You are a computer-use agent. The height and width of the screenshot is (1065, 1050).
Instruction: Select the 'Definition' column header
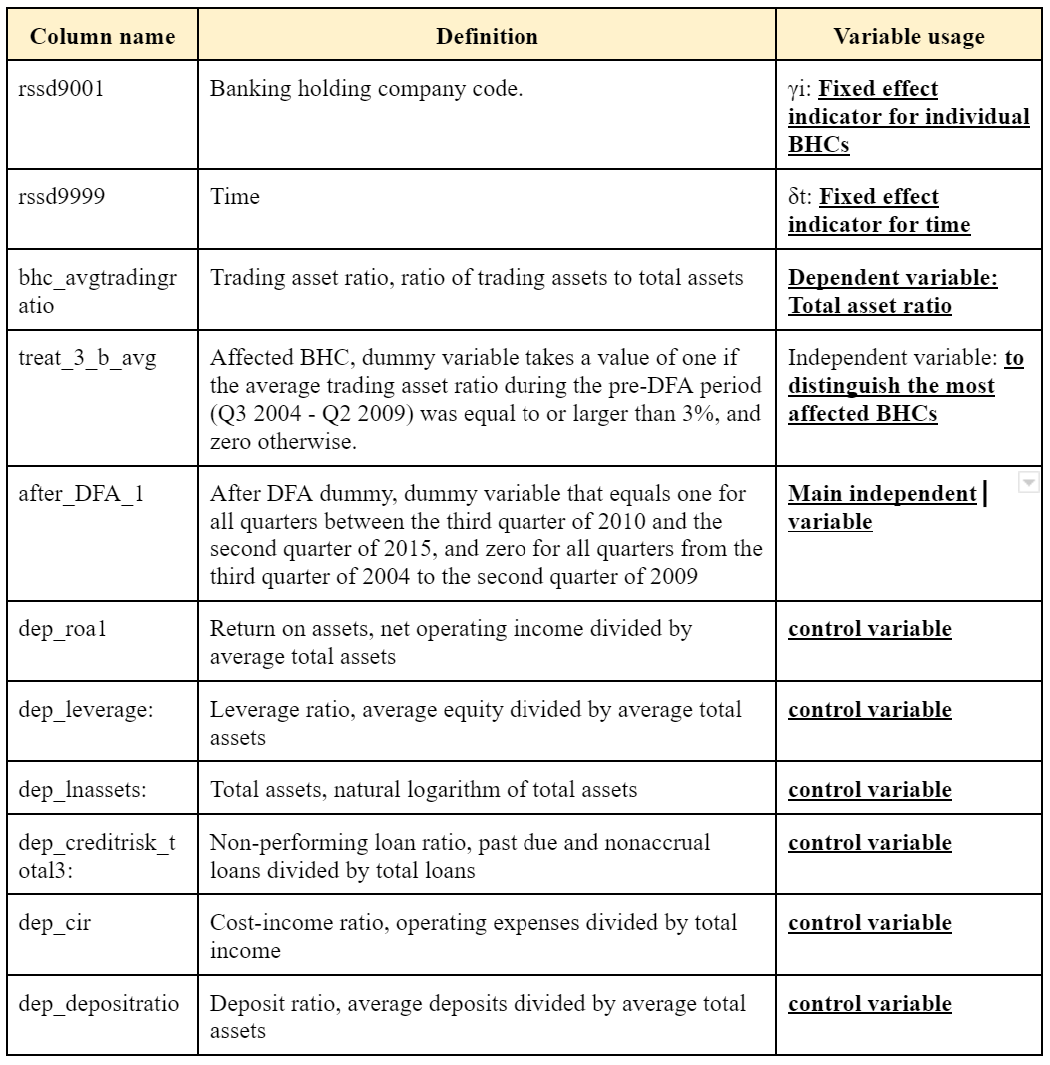point(487,37)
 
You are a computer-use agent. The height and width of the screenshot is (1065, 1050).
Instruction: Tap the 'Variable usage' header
point(908,37)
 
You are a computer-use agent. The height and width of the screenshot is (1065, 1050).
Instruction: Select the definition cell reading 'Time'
point(235,197)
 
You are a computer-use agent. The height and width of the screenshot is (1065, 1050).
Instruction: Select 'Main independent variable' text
point(882,508)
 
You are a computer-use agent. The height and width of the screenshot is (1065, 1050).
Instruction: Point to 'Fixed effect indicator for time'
point(879,211)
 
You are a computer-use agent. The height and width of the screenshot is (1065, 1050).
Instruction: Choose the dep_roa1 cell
point(61,630)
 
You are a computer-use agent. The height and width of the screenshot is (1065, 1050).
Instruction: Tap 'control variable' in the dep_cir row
point(869,923)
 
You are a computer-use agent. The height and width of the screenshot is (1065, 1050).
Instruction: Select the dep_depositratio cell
point(98,1003)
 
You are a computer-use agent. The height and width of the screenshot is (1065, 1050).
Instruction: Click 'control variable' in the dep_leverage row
point(869,710)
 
